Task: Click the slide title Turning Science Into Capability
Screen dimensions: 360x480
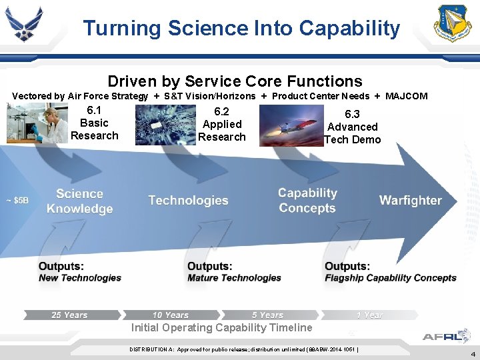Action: point(241,28)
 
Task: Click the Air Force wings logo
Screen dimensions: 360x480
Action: point(23,24)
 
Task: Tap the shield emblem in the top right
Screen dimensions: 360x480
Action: point(453,24)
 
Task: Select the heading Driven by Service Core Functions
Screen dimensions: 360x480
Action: point(235,81)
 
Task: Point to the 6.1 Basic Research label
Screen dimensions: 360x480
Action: point(94,123)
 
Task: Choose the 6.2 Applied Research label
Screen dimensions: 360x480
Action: point(222,125)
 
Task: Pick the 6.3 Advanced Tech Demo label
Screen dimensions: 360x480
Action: point(353,127)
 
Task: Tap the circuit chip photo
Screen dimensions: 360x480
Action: point(165,125)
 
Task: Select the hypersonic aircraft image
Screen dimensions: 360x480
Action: point(290,127)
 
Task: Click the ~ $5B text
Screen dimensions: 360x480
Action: point(18,200)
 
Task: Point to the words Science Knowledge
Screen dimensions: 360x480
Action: point(79,201)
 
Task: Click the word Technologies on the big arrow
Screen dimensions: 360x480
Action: point(188,201)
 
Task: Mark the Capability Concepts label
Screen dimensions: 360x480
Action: point(307,201)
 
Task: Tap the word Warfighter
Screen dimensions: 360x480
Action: point(410,201)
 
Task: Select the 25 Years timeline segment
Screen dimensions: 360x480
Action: point(70,315)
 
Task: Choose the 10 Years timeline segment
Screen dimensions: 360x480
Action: point(171,315)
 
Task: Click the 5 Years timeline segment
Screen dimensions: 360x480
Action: point(268,315)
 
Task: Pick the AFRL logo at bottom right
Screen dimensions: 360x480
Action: point(446,336)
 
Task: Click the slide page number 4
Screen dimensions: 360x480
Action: point(473,355)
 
